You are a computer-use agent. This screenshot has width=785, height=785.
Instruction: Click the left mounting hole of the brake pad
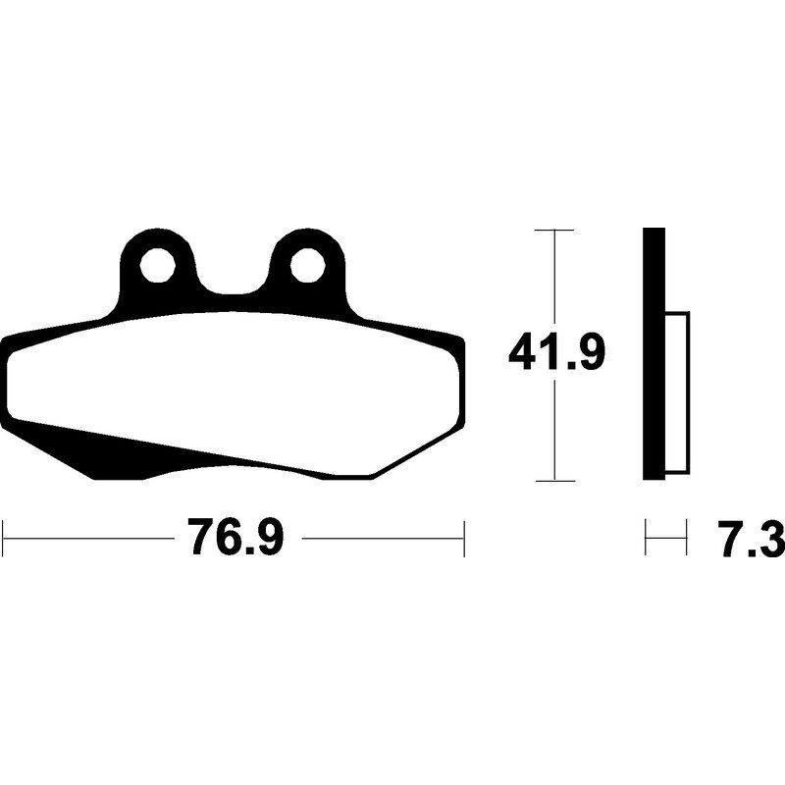(158, 265)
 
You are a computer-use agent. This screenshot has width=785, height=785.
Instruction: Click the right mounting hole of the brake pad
(308, 265)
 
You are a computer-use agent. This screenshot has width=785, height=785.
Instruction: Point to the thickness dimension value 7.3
(751, 538)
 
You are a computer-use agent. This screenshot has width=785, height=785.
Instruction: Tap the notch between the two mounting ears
(233, 281)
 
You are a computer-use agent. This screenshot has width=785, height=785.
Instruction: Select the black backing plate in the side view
(654, 354)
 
